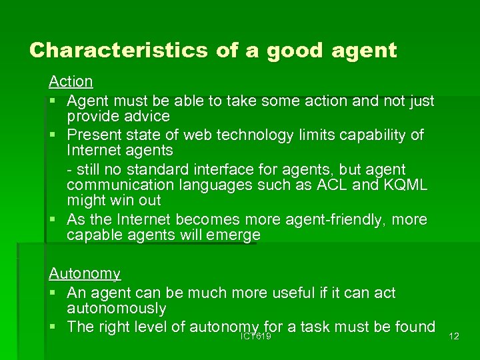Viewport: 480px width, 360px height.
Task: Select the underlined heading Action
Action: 71,82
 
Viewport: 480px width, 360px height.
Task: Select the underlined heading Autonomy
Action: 85,274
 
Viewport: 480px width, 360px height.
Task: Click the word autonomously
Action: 116,309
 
